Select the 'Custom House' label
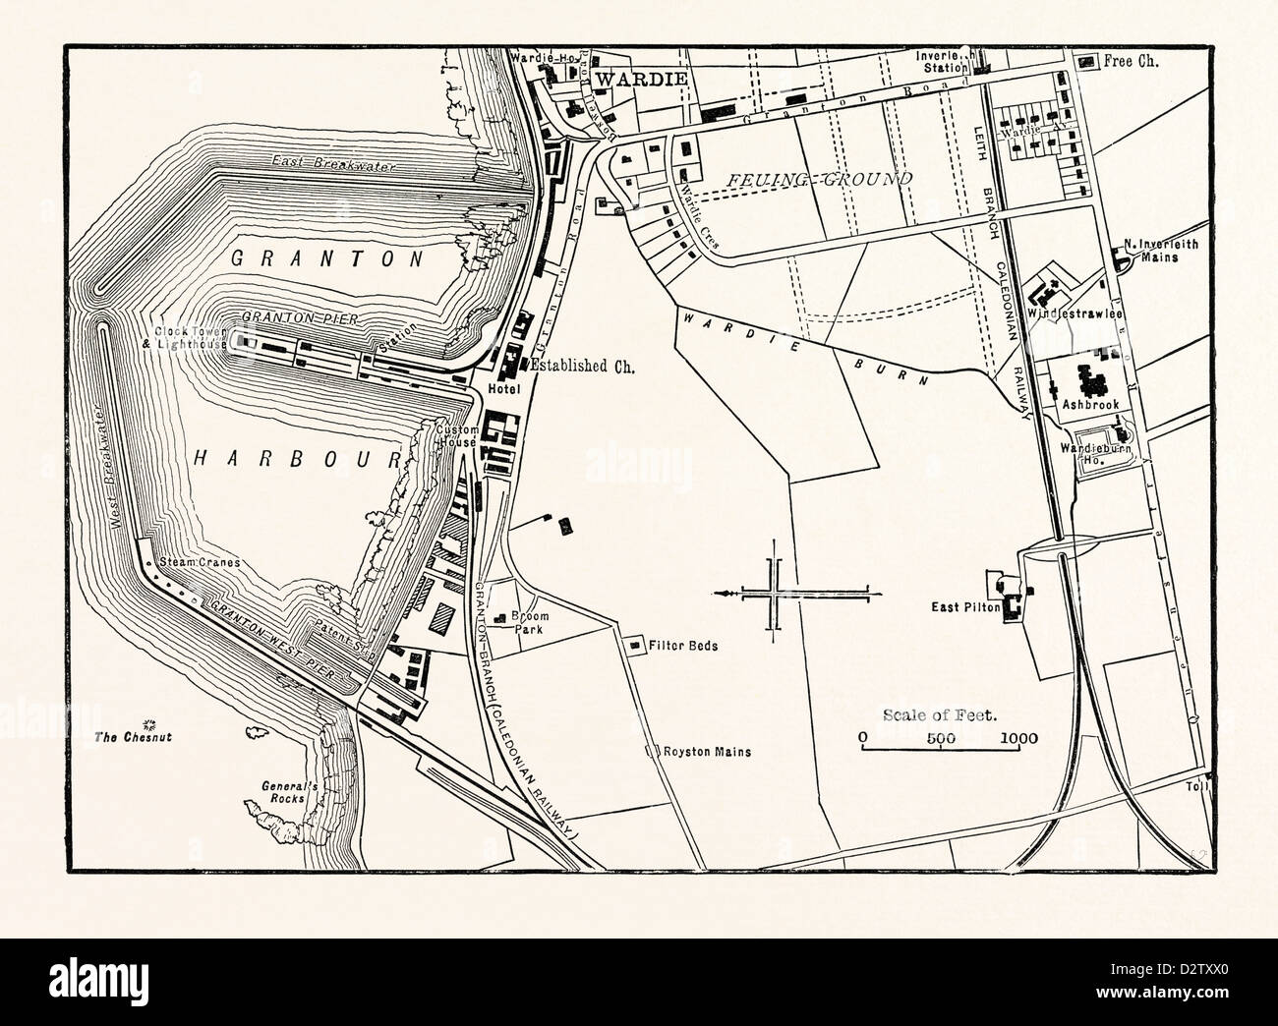455,436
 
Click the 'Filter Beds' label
683,646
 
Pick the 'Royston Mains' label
706,752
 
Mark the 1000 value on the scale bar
1019,738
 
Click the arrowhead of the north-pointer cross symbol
724,594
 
